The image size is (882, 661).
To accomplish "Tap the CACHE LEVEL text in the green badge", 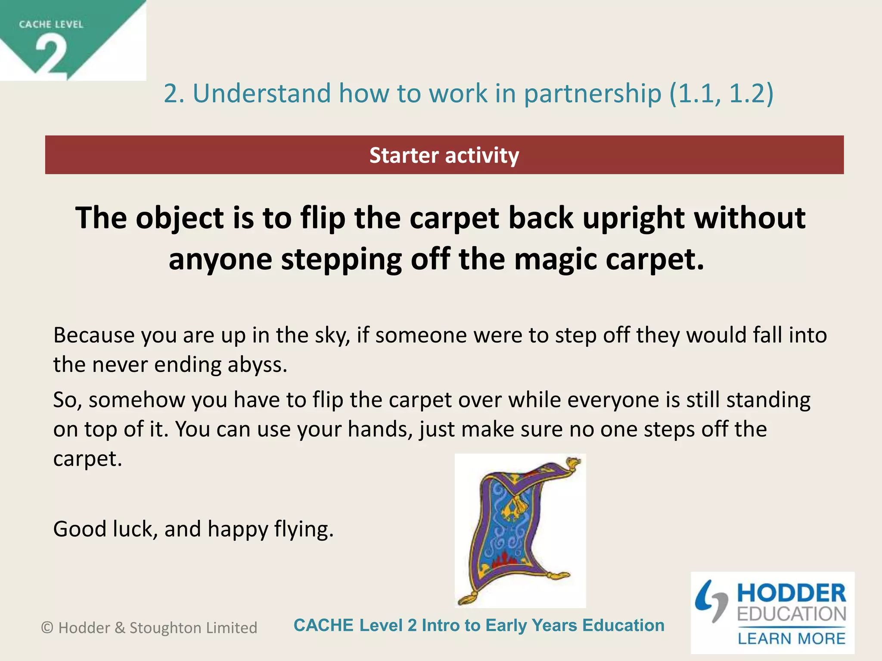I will click(51, 25).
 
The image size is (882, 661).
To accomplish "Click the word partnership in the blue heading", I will click(592, 93).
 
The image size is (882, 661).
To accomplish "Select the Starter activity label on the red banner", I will click(444, 155).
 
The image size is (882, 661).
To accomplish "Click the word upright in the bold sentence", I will click(633, 218).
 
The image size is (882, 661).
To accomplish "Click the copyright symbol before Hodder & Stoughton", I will click(47, 628).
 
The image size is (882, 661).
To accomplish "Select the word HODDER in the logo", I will click(791, 593).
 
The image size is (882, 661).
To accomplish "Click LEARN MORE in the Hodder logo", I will click(791, 639).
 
